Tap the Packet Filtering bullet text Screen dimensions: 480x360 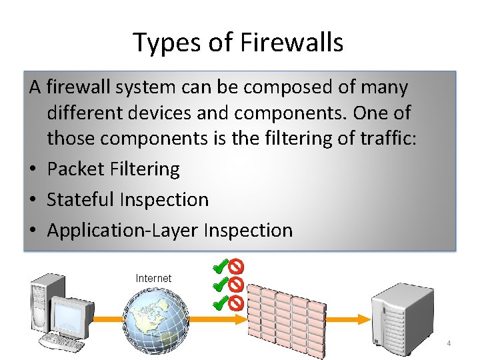click(113, 169)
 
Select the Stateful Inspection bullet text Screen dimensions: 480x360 click(128, 199)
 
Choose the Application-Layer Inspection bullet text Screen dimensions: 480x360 click(170, 230)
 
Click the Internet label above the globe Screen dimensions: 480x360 click(153, 278)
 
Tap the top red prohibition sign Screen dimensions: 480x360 click(236, 267)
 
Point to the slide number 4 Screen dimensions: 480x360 click(449, 344)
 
